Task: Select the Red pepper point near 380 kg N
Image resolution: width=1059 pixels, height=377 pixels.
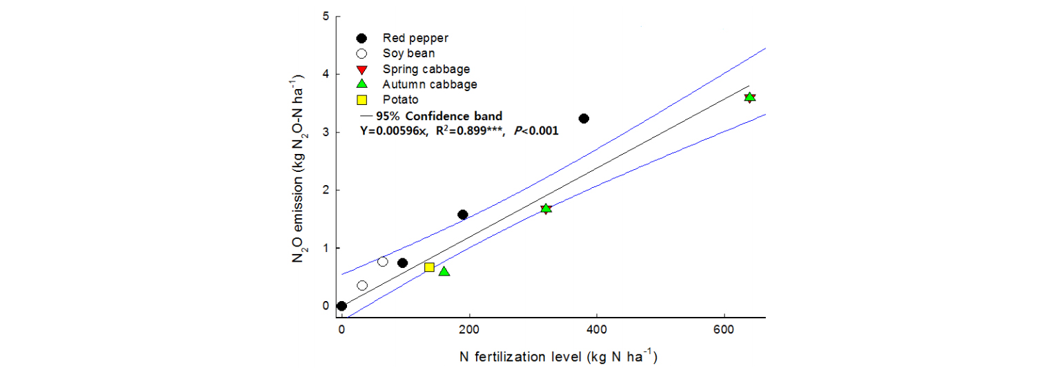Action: coord(584,119)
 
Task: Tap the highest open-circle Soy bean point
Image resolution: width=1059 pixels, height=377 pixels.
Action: coord(383,262)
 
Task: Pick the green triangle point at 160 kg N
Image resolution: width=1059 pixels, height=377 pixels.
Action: coord(444,271)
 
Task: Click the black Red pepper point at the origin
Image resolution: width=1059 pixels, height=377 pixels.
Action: coord(342,306)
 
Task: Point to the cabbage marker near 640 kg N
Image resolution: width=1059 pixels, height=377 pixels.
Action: coord(750,97)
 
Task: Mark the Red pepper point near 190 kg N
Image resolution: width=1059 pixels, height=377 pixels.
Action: coord(463,215)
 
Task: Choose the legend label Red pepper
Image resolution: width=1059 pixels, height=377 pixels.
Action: coord(411,37)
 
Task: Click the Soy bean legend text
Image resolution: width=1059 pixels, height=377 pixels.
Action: coord(408,53)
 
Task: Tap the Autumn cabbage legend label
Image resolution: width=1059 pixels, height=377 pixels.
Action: coord(430,84)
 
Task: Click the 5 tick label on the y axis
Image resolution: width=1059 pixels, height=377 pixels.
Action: coord(326,16)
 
